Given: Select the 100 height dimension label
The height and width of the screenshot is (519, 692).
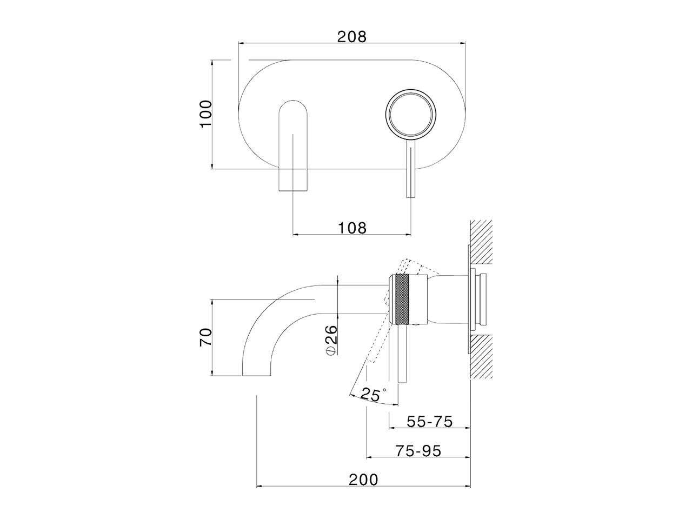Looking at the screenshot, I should click(x=205, y=114).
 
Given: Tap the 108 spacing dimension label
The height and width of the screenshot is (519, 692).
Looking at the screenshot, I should click(x=352, y=228).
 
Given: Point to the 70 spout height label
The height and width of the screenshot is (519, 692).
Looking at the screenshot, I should click(x=205, y=336).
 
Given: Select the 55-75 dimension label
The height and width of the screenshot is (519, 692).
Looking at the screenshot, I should click(x=429, y=421).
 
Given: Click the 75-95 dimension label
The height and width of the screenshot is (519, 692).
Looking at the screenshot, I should click(x=418, y=450).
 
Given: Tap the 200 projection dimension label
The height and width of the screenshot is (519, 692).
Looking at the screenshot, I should click(x=363, y=479).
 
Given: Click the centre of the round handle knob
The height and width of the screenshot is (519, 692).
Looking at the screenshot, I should click(x=411, y=114).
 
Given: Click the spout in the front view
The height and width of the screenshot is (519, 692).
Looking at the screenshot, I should click(x=292, y=146).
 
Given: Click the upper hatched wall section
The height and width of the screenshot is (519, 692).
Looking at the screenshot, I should click(x=481, y=241).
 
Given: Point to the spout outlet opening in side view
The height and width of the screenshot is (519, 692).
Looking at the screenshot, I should click(x=256, y=374).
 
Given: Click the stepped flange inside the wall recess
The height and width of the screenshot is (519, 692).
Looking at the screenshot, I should click(x=479, y=301).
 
